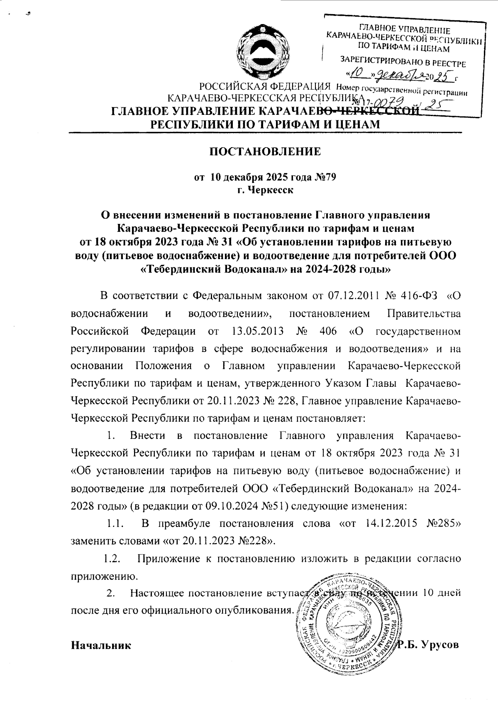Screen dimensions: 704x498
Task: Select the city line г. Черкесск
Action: [264, 190]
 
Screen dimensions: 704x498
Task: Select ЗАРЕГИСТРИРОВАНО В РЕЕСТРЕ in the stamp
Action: [403, 63]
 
